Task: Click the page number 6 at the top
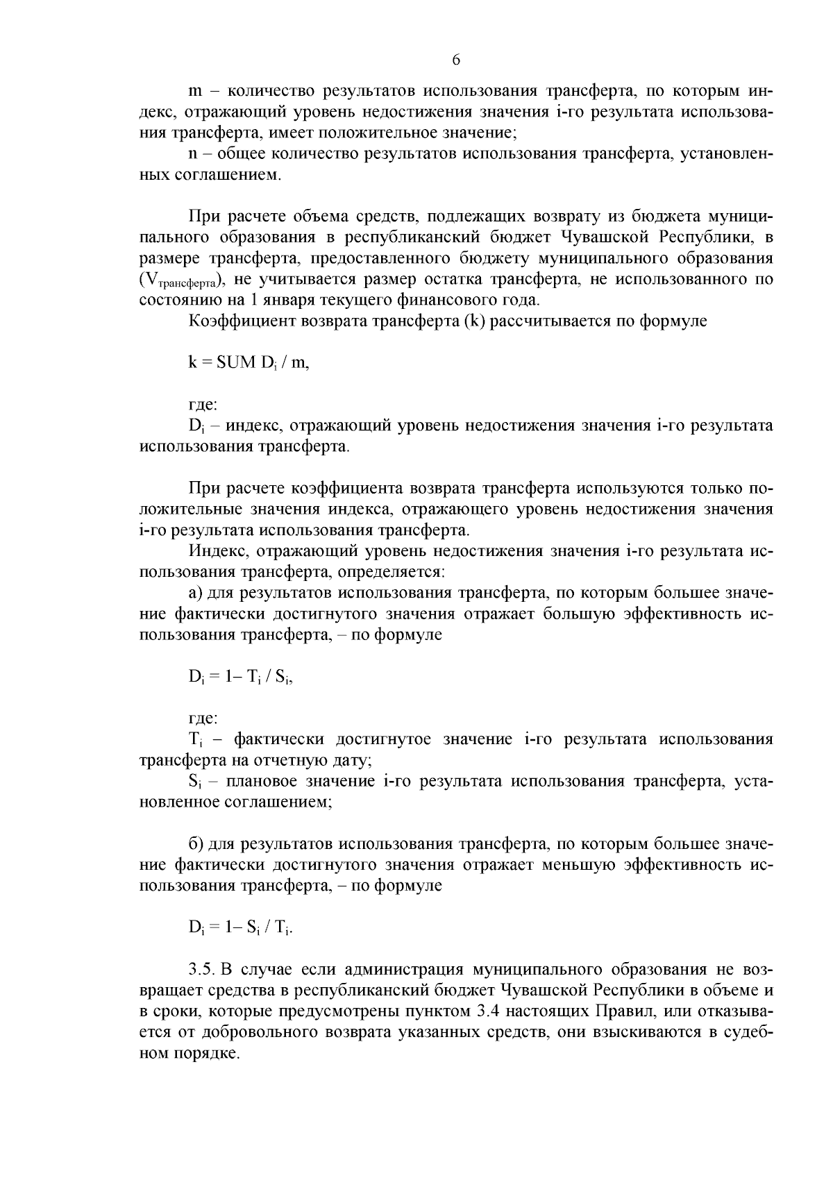coord(456,60)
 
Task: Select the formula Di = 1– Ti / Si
coord(240,678)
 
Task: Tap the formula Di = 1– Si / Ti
coord(240,927)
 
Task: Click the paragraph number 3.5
coord(202,969)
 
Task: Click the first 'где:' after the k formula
coord(203,405)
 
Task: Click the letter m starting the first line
coord(195,91)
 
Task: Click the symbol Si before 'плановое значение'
coord(194,782)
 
